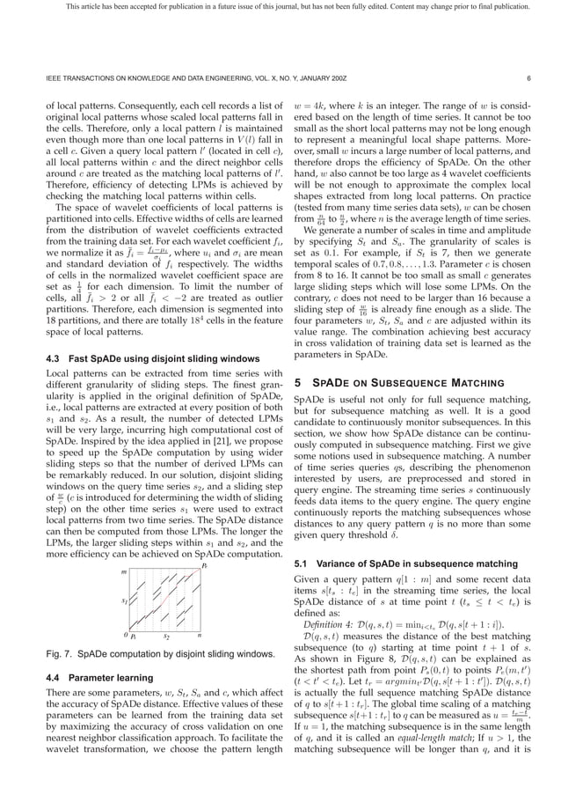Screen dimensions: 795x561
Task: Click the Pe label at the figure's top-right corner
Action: coord(204,570)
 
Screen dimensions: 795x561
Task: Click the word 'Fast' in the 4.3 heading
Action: coord(80,359)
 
